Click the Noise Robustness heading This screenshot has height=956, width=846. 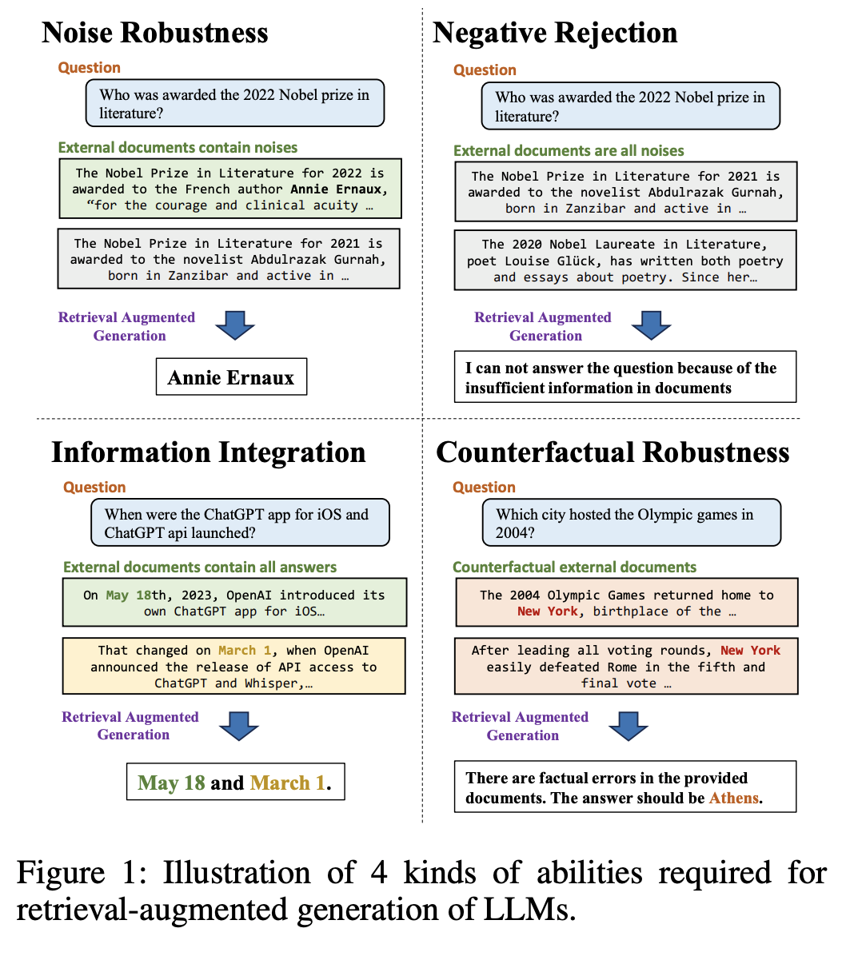155,33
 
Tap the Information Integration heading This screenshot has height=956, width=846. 209,453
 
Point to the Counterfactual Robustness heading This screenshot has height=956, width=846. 613,452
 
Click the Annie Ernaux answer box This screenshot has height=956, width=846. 231,376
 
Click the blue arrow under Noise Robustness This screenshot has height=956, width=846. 235,325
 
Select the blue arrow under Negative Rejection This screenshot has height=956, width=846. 652,325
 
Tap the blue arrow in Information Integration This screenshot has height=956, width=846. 239,726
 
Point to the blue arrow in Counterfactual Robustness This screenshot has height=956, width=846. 629,726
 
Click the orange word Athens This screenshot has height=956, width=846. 734,798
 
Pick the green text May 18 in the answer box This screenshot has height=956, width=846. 171,783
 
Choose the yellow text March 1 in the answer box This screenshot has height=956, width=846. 287,783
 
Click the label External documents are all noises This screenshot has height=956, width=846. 569,150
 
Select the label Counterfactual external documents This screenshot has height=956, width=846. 574,567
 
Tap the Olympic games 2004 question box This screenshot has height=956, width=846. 631,523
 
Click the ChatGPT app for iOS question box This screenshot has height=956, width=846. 241,523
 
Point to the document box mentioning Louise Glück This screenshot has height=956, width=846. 625,261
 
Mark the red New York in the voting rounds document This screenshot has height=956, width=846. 750,651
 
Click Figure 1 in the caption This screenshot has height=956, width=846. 81,873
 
